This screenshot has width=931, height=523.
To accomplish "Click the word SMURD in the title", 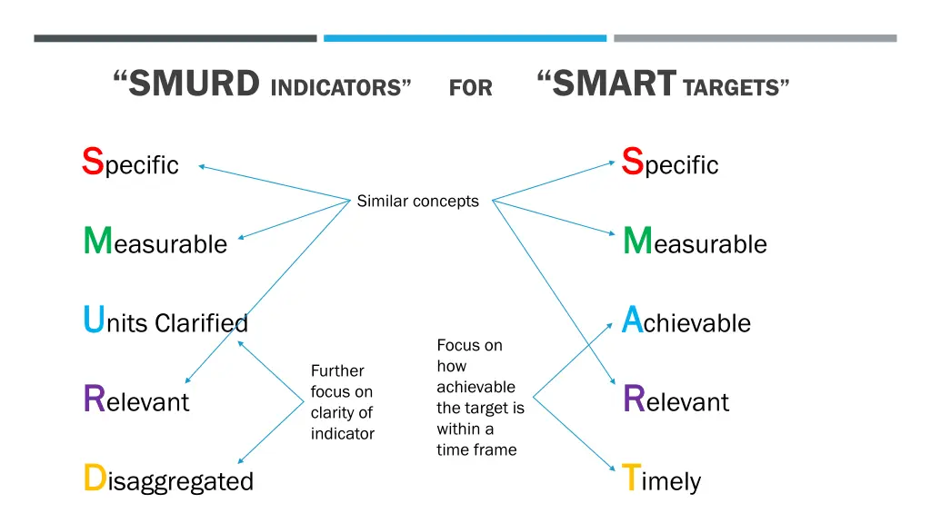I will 193,84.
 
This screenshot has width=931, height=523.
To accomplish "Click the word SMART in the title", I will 615,84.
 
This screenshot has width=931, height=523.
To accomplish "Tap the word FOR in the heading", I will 470,88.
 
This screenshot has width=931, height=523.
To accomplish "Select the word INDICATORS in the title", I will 335,88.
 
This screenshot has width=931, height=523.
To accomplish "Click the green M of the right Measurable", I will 637,241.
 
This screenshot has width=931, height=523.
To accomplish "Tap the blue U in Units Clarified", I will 93,321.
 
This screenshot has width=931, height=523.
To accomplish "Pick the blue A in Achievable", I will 633,321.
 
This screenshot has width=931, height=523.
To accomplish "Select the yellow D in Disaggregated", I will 94,479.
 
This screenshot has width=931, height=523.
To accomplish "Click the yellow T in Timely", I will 631,479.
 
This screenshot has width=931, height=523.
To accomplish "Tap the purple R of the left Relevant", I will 93,400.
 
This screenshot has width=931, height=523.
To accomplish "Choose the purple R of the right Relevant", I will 633,400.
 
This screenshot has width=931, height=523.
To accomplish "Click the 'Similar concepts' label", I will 417,202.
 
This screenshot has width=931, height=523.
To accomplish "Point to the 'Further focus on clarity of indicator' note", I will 342,402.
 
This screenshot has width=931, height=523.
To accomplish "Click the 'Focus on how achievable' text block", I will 480,398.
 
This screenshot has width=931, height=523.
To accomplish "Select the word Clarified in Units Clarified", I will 201,323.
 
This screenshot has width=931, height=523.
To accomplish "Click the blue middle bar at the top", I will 465,38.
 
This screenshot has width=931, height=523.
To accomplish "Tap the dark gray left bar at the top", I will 175,38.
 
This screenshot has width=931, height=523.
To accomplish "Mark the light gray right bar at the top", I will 755,38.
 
